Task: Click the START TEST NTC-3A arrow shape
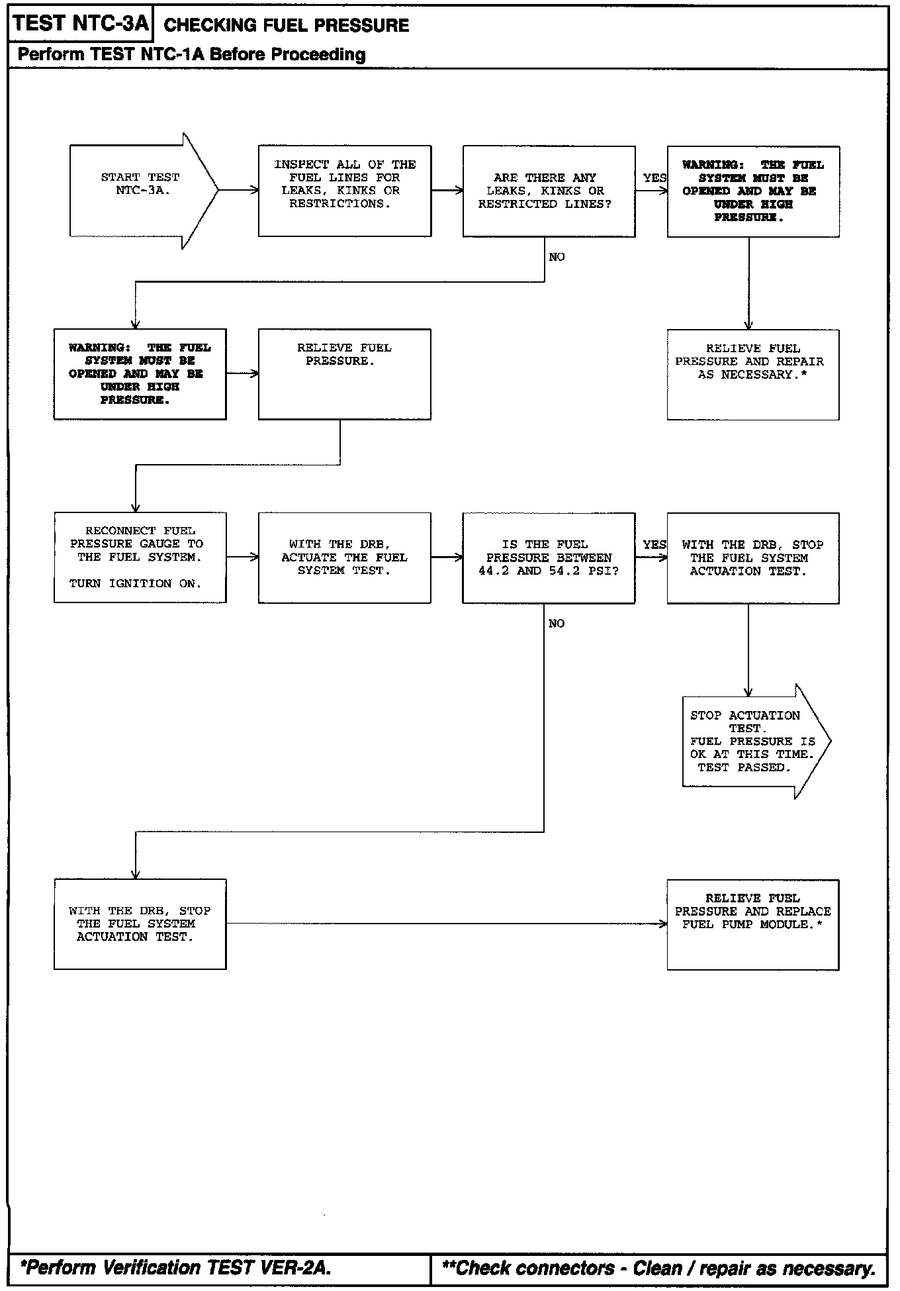(x=144, y=191)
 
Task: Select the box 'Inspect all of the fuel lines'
(x=345, y=191)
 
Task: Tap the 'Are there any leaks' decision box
(x=549, y=191)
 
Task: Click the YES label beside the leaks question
(x=654, y=178)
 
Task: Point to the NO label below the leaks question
(x=557, y=257)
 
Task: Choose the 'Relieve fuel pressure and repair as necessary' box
(x=753, y=375)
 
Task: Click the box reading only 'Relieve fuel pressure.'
(x=345, y=374)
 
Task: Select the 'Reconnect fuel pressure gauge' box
(x=140, y=557)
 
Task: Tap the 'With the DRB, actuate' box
(x=345, y=557)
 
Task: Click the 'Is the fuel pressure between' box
(x=549, y=557)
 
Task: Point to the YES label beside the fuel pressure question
(x=654, y=545)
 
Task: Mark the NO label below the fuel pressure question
(x=557, y=624)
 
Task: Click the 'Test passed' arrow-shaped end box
(x=756, y=741)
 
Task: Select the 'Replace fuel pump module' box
(x=753, y=925)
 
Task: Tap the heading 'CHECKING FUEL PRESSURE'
(x=287, y=26)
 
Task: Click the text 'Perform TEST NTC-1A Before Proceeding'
(x=192, y=54)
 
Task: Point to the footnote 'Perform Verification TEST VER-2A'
(x=176, y=1268)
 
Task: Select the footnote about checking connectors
(x=659, y=1268)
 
